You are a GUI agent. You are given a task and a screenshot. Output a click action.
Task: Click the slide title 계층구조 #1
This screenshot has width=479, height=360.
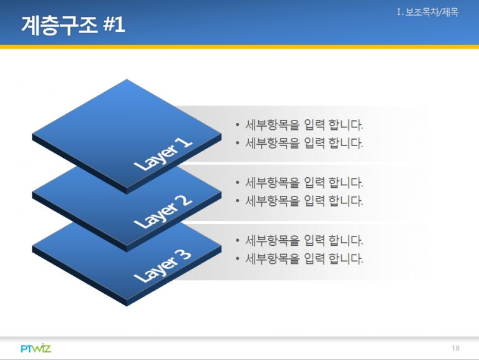(73, 25)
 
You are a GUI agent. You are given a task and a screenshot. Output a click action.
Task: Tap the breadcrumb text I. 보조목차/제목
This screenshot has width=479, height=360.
(428, 12)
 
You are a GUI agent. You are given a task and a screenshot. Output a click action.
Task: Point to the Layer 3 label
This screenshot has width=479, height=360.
(162, 266)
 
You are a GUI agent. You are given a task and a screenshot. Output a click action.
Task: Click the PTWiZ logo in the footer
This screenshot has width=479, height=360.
(36, 348)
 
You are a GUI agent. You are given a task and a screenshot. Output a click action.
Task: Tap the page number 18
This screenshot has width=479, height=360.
(455, 348)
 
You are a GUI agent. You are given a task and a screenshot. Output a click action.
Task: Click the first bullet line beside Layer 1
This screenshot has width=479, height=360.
(299, 125)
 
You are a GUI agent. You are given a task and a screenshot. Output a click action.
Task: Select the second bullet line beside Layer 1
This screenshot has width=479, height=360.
(299, 143)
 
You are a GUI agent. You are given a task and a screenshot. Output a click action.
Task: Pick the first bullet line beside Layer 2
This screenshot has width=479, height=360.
(299, 183)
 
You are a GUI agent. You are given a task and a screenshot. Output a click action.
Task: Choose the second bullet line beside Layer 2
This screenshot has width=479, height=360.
(299, 201)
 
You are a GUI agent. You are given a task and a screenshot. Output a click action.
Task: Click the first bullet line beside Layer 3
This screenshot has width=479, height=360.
(299, 240)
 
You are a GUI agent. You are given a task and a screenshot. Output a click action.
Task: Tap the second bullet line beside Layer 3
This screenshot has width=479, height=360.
(299, 259)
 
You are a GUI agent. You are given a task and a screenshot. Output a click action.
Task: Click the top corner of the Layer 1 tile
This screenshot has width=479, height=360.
(127, 79)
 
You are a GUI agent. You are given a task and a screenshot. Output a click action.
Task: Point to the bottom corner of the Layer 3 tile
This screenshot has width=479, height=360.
(127, 306)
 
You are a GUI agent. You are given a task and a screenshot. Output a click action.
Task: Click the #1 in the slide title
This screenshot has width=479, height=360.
(114, 25)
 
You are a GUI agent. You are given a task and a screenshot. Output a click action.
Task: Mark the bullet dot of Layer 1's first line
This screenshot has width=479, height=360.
(238, 125)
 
